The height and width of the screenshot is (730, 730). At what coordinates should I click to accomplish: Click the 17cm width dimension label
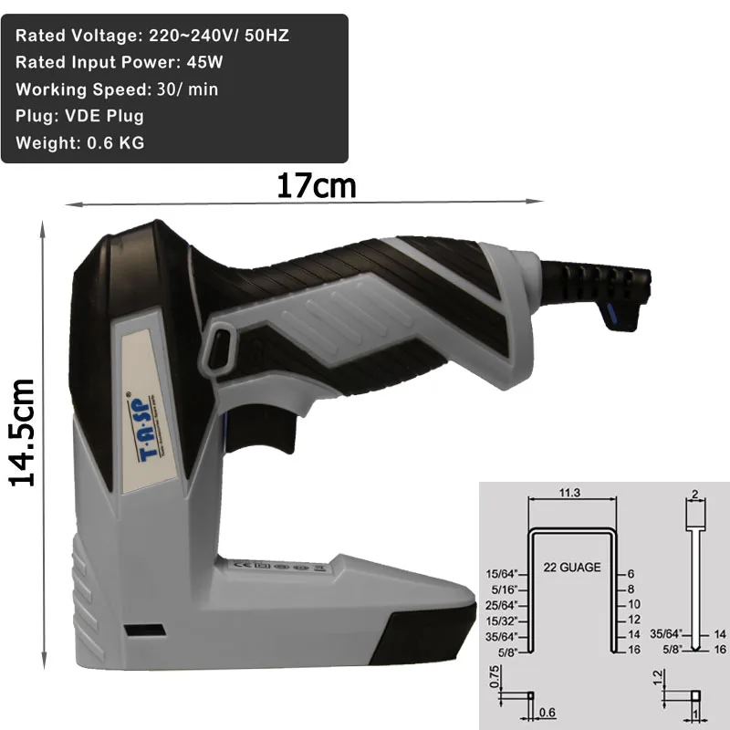pyautogui.click(x=316, y=185)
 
